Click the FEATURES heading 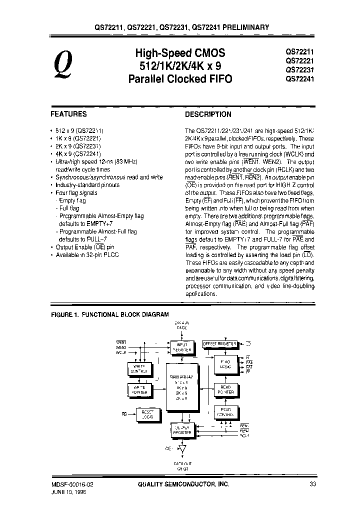69,114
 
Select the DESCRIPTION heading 208,114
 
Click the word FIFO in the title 220,79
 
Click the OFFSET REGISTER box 219,344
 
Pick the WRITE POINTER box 139,390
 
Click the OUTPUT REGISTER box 182,429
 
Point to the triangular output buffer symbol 181,449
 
